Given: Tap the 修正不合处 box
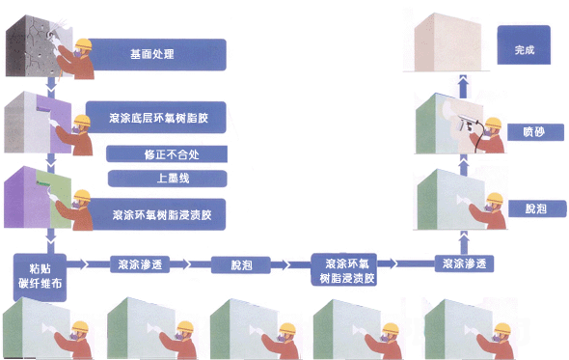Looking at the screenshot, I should pyautogui.click(x=166, y=154).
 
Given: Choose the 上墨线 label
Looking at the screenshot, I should pyautogui.click(x=166, y=178).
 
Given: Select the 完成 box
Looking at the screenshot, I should pyautogui.click(x=525, y=48).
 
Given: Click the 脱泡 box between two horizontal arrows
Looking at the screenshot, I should pyautogui.click(x=238, y=263).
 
